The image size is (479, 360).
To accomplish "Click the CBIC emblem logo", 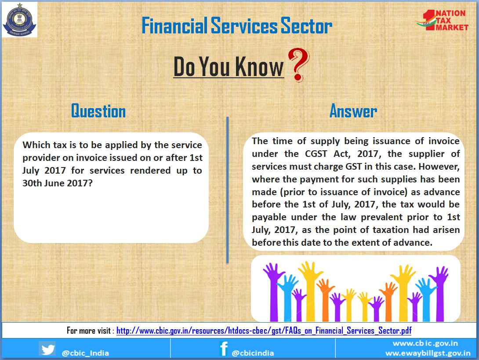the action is coord(19,19).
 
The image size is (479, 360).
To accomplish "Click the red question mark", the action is coord(298,65).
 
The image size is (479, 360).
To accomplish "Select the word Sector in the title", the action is coord(306,25).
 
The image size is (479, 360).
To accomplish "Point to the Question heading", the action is coord(98,111).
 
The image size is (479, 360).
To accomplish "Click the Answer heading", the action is coord(353,111).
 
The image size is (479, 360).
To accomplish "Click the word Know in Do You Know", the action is coord(259,66).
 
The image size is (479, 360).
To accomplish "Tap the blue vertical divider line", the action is coord(227,189).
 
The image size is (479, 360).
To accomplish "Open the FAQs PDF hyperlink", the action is coord(264,331).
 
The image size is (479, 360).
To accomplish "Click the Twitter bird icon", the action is coord(47,349).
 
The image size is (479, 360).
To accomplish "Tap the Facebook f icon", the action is coord(224,349).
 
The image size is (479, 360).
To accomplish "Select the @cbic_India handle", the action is coord(85,353).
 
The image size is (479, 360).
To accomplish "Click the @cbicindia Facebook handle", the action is coord(253,353).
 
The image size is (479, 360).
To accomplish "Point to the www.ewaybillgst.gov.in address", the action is coord(428,353).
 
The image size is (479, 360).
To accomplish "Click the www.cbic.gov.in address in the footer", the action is coord(425,343).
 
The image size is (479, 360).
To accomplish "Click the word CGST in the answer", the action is coord(316,154).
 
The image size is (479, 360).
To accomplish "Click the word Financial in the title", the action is coord(174,25).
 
